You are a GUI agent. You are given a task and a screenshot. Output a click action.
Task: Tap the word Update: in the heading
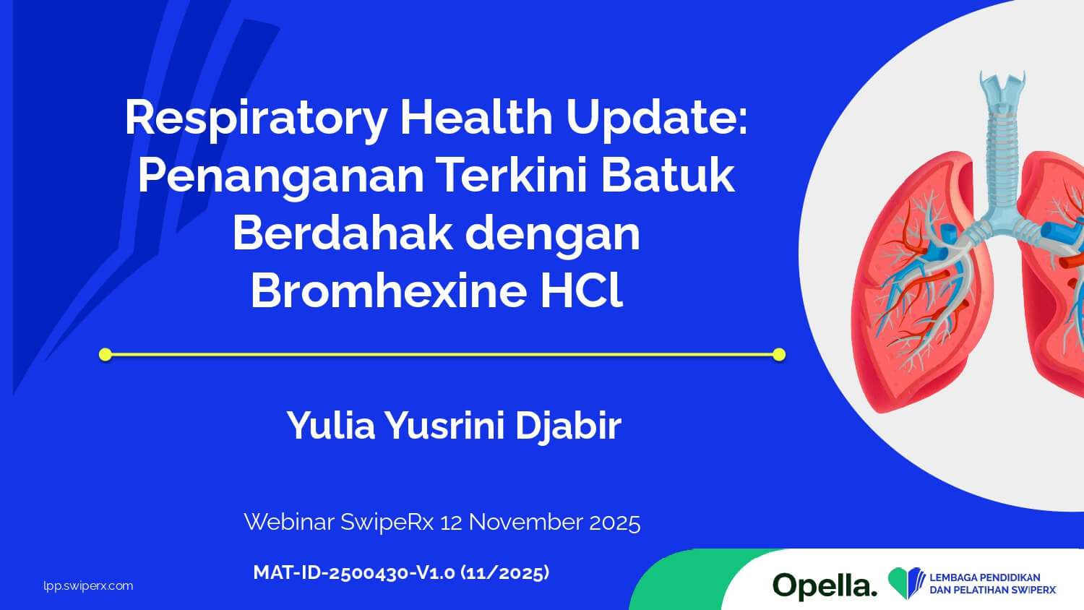coord(657,119)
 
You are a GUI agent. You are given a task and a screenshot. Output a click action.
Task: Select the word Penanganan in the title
coord(280,178)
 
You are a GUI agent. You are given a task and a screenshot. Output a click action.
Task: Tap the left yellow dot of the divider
coord(105,354)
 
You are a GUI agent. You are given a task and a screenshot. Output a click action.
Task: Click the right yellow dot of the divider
coord(779,354)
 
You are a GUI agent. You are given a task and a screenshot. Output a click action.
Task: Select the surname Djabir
coord(567,425)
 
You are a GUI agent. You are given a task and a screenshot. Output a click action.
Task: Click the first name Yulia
coord(331,425)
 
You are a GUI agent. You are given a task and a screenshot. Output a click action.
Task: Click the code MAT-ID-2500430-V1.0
coord(354,572)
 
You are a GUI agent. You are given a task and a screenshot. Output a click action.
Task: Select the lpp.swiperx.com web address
coord(88,586)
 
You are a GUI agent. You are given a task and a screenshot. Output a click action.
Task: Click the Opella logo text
coord(825,585)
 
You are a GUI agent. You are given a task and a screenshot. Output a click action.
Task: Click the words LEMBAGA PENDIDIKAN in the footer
coord(985,577)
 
